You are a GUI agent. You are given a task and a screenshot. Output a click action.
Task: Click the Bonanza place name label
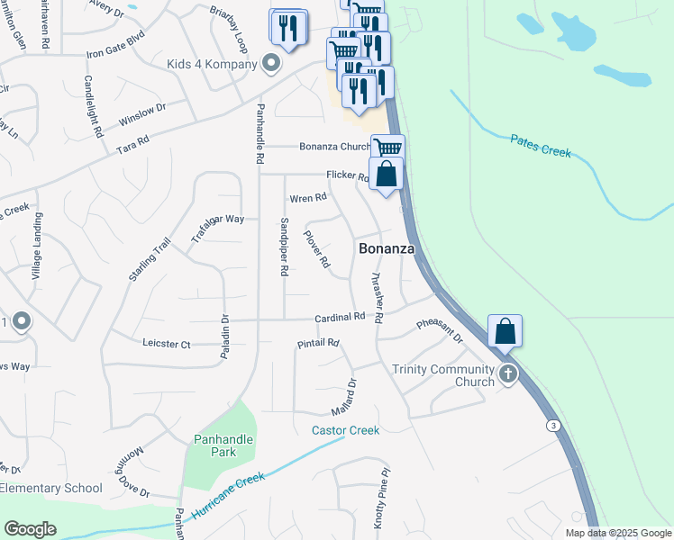click(x=387, y=247)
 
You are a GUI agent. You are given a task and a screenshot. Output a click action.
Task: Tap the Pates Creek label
click(x=541, y=146)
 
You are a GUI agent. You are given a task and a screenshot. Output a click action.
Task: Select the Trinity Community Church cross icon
click(x=508, y=373)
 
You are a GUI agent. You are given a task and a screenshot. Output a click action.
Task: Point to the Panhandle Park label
click(x=223, y=445)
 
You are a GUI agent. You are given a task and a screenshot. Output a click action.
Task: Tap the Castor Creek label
click(x=346, y=430)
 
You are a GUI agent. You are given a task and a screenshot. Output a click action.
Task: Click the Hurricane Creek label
click(x=226, y=494)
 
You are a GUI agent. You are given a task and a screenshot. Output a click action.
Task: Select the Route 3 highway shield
click(x=552, y=425)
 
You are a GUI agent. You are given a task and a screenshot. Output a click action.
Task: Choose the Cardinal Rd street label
click(x=339, y=317)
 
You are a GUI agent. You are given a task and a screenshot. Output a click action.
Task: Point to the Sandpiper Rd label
click(x=283, y=246)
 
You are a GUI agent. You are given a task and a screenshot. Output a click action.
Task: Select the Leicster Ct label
click(x=167, y=344)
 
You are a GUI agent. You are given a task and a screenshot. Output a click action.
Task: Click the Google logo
click(x=30, y=529)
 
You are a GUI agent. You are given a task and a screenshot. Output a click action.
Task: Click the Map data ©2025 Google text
click(x=618, y=533)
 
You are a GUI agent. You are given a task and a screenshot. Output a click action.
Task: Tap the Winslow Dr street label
click(x=142, y=112)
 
